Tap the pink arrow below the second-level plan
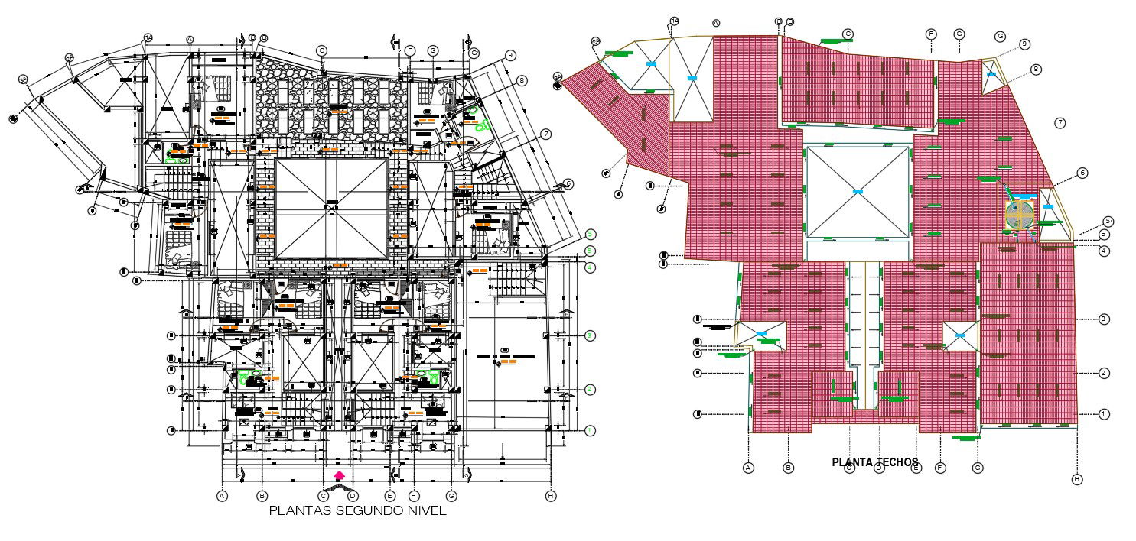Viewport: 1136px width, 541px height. [x=339, y=475]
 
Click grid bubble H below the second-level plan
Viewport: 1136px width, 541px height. [x=551, y=496]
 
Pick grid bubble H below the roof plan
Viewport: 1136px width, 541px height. [x=1077, y=479]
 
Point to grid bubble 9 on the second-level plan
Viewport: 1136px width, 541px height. [x=510, y=56]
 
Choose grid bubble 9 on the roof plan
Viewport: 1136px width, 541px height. [x=1024, y=44]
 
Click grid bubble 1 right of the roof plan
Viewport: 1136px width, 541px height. [x=1104, y=414]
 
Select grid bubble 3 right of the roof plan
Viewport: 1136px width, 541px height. [x=1104, y=318]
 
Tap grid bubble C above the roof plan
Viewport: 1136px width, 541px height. [x=848, y=34]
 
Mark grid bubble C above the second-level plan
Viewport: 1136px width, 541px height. [x=322, y=50]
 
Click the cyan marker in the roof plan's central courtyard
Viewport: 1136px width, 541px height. [x=858, y=190]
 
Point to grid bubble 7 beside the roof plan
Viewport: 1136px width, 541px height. [x=1060, y=122]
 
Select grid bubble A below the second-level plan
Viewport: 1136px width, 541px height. [x=223, y=496]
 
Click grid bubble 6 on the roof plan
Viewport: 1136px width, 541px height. [x=1082, y=173]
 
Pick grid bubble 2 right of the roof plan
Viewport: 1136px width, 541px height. [x=1104, y=373]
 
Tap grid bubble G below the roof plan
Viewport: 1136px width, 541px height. [x=977, y=468]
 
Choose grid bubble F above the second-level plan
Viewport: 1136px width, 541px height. [x=410, y=50]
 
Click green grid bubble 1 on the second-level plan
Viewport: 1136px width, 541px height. [x=590, y=431]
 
